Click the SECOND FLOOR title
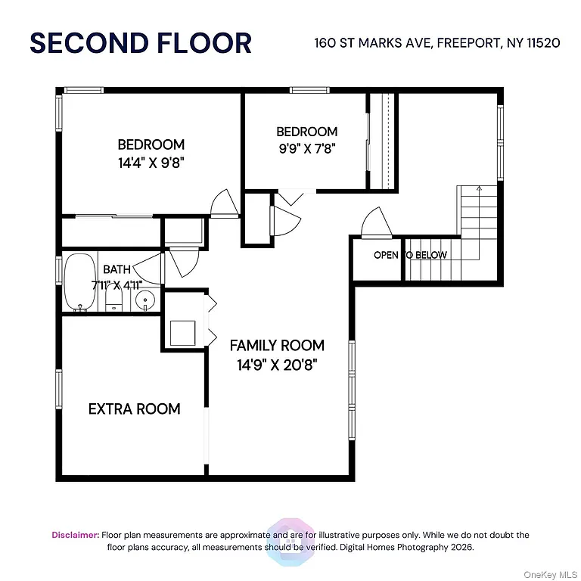[140, 42]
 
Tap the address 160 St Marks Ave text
[437, 42]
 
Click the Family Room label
[277, 346]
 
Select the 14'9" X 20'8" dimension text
[277, 364]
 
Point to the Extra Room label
[135, 409]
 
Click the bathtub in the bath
[79, 284]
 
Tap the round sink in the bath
[144, 301]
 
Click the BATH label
[117, 269]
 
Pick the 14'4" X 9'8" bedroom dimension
[151, 161]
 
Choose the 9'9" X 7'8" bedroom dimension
[306, 148]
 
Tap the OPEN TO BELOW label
[410, 255]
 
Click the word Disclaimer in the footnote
[75, 535]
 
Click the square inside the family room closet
[183, 332]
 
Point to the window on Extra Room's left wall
[58, 390]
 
